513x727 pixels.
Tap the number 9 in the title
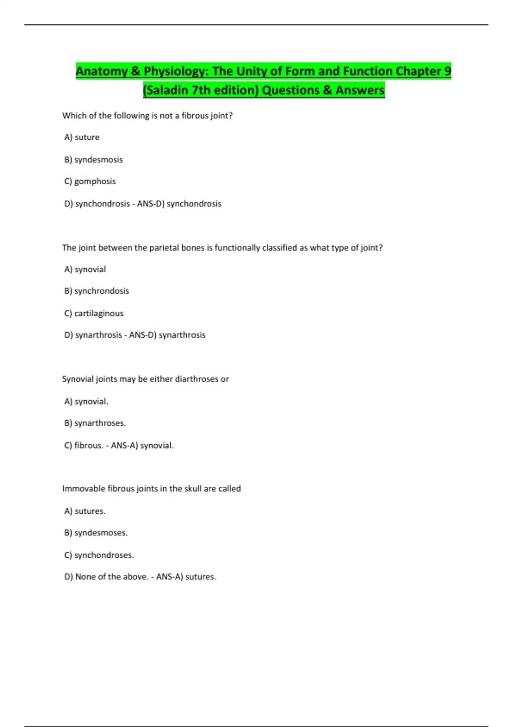point(447,71)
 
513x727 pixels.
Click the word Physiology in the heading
point(176,71)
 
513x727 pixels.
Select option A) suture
point(82,137)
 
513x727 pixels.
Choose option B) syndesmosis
point(93,160)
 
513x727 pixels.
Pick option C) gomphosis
point(90,181)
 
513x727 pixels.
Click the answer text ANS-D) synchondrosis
point(179,204)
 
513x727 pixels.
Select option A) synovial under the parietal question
point(85,269)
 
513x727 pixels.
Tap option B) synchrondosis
point(96,291)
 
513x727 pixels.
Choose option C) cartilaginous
point(94,313)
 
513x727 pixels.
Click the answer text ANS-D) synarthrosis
point(167,335)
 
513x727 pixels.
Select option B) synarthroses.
point(95,423)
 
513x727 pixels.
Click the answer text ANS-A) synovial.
point(142,446)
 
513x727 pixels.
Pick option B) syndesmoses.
point(96,533)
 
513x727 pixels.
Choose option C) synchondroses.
point(99,555)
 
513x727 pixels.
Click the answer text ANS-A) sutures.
point(186,577)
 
